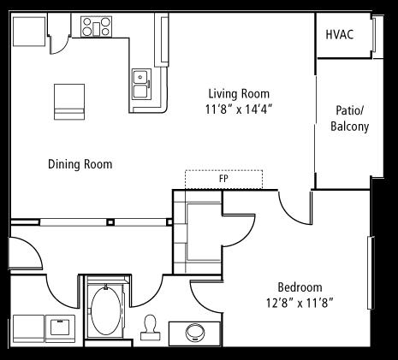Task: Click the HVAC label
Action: pos(340,34)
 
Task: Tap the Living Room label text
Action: pos(239,94)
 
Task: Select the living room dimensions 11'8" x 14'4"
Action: pos(239,109)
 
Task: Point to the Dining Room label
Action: pos(80,164)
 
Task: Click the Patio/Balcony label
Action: pos(350,118)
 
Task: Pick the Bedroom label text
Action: pos(300,287)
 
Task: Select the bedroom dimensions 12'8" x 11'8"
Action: pos(300,303)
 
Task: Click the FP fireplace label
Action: pos(223,179)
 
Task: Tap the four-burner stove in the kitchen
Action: pos(96,27)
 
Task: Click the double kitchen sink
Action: pos(141,84)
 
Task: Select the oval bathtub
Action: pos(106,310)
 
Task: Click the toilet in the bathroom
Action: pos(149,328)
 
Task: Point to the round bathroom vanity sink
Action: pos(195,332)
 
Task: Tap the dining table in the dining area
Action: pos(69,102)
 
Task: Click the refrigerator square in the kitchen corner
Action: pos(29,32)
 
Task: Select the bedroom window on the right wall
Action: pos(371,273)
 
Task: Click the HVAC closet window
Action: pos(374,34)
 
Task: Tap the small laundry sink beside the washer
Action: pos(60,328)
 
